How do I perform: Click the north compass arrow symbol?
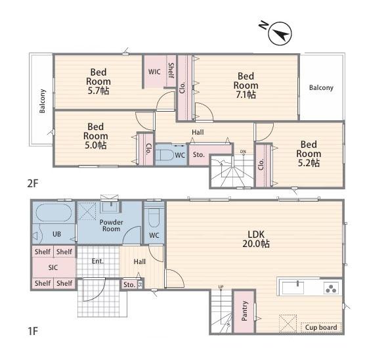[280, 34]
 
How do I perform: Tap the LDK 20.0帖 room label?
[256, 239]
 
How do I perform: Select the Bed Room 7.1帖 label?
[246, 85]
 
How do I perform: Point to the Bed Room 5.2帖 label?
[309, 154]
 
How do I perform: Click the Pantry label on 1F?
[244, 311]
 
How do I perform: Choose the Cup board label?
[321, 327]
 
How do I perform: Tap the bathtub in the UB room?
[54, 212]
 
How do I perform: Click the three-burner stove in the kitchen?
[331, 288]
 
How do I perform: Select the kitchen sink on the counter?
[293, 288]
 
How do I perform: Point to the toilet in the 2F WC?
[165, 154]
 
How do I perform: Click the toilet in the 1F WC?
[154, 217]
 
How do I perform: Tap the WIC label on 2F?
[154, 72]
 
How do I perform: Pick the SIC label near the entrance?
[53, 267]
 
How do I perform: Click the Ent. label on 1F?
[98, 261]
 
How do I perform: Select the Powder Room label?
[111, 225]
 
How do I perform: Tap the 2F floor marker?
[33, 183]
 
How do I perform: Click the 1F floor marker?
[33, 330]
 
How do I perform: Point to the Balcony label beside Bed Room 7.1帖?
[321, 87]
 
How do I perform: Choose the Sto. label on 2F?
[199, 155]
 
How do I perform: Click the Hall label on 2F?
[198, 132]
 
